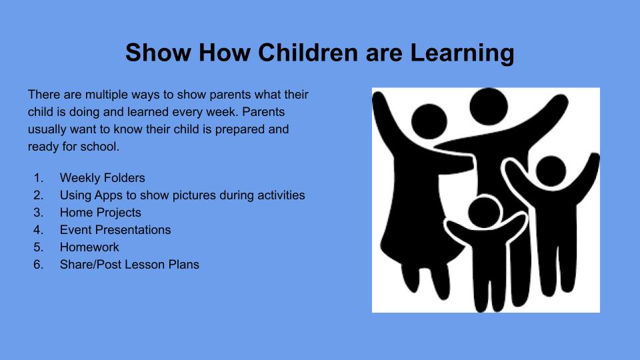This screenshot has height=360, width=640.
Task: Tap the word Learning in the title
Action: (462, 53)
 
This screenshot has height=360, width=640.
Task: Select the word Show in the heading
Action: (159, 53)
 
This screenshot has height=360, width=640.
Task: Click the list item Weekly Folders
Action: (103, 178)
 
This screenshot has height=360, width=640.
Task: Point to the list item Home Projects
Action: (101, 213)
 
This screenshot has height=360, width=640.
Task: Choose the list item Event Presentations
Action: (115, 230)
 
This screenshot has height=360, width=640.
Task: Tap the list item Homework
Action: (89, 247)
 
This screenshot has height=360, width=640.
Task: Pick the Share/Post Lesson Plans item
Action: (129, 265)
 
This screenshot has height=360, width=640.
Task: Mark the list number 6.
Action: (38, 265)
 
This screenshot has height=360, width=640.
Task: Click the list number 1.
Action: (38, 178)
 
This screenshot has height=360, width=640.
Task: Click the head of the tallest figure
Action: (489, 106)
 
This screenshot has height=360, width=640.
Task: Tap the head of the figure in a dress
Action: (429, 121)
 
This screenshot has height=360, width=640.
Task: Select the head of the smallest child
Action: (485, 212)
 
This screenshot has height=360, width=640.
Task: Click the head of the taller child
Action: (551, 171)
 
